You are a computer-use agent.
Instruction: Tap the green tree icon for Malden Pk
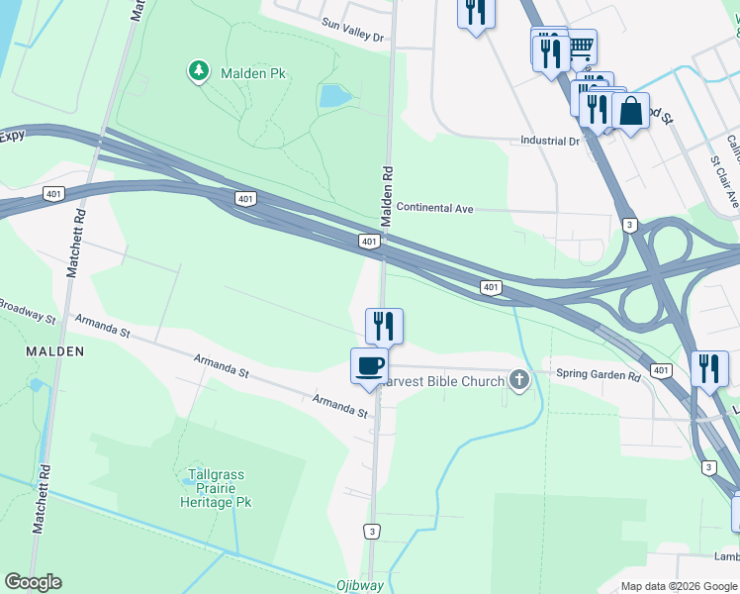(200, 71)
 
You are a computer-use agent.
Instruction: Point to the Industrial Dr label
(550, 142)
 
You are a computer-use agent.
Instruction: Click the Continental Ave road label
(434, 209)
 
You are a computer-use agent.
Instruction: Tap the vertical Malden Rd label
(389, 187)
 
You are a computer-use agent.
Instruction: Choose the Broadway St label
(28, 313)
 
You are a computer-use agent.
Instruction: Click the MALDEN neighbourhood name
(55, 351)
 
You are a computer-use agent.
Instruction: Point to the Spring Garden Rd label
(599, 375)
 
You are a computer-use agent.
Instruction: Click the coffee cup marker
(369, 366)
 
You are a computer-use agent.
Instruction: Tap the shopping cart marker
(581, 45)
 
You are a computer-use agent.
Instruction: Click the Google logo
(33, 582)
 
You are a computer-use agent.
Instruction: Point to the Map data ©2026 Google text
(678, 586)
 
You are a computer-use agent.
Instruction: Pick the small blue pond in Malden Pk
(333, 96)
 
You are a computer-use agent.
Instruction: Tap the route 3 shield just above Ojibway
(372, 531)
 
